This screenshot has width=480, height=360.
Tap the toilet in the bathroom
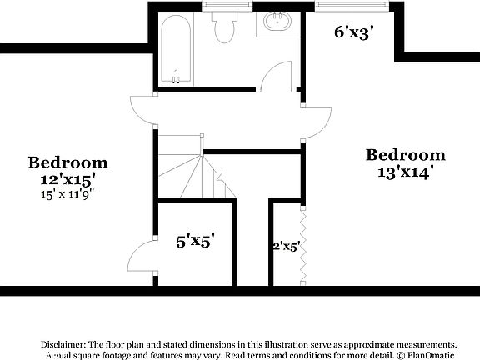point(223,28)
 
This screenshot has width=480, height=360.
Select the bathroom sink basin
point(276,22)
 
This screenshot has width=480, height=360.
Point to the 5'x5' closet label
point(195,242)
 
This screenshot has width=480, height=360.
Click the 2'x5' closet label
point(286,247)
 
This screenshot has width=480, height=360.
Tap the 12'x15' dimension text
point(67,178)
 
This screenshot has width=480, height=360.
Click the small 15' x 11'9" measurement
point(67,194)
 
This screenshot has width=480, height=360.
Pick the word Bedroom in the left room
point(67,162)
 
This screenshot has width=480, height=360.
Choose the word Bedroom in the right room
point(406,155)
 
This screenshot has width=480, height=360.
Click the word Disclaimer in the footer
point(63,344)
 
